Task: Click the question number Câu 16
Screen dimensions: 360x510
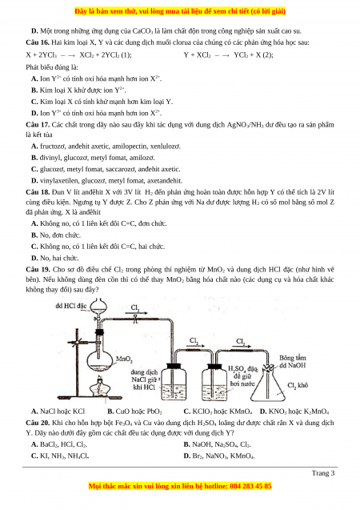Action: click(38, 42)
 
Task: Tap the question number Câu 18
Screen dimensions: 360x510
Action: click(38, 192)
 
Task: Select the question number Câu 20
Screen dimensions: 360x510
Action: click(38, 423)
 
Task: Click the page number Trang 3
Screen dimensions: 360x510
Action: click(323, 473)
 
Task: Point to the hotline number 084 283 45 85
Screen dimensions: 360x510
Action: click(250, 486)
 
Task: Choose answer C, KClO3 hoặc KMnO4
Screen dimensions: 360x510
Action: click(218, 412)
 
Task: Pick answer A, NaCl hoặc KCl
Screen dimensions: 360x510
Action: click(58, 412)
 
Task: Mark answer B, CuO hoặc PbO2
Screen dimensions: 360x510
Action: click(134, 412)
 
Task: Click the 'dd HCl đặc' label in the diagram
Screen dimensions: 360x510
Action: click(71, 306)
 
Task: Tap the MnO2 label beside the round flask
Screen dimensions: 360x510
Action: click(124, 359)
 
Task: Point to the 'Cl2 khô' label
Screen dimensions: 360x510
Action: click(298, 385)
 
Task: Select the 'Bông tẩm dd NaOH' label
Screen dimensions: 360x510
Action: click(293, 361)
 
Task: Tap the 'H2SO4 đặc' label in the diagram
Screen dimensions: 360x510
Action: click(242, 369)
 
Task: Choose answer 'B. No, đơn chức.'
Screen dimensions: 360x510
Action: click(56, 235)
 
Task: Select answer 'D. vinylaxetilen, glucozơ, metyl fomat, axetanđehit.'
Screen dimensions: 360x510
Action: click(106, 181)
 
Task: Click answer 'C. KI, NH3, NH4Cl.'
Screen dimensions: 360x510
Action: click(60, 456)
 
